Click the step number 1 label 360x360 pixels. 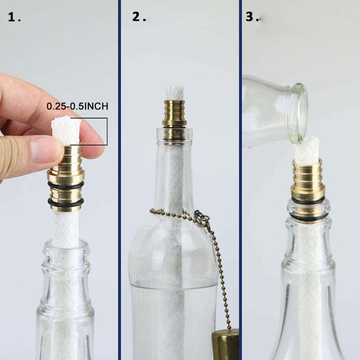tap(14, 17)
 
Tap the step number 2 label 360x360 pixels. tap(139, 17)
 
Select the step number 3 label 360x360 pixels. tap(253, 17)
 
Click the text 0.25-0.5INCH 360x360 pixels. tap(77, 106)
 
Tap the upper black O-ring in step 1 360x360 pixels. tap(66, 185)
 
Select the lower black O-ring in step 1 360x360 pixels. tap(66, 202)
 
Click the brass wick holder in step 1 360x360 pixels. tap(66, 178)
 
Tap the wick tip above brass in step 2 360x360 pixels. tap(174, 93)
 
